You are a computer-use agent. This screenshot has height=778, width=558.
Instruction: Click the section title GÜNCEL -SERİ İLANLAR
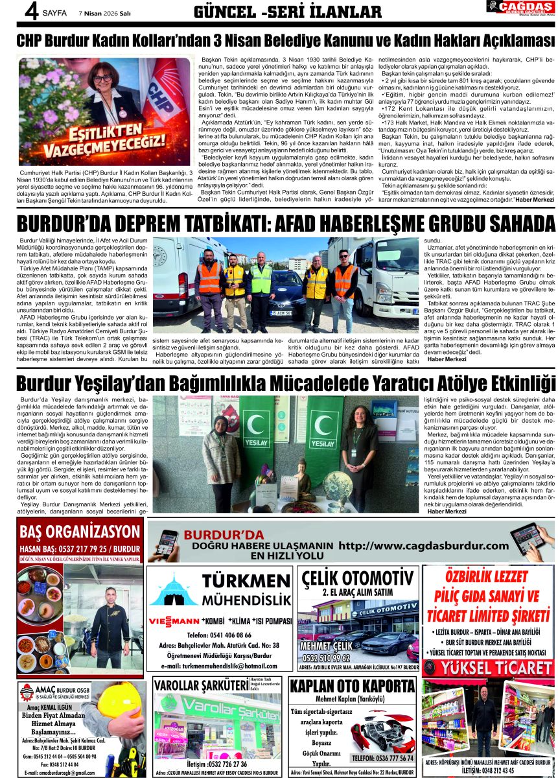click(288, 12)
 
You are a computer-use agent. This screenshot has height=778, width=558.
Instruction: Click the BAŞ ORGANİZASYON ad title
click(80, 532)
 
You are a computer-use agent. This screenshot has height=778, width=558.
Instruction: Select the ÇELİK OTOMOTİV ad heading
click(357, 578)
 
